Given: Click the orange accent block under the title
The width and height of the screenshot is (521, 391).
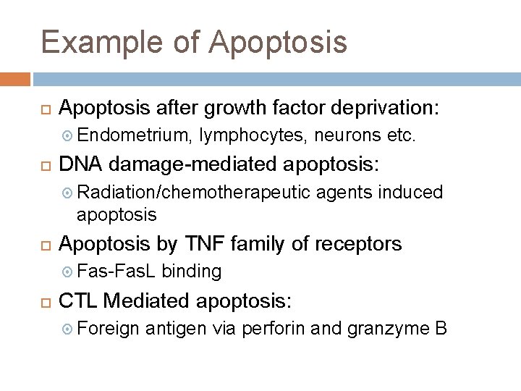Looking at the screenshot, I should [15, 79].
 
